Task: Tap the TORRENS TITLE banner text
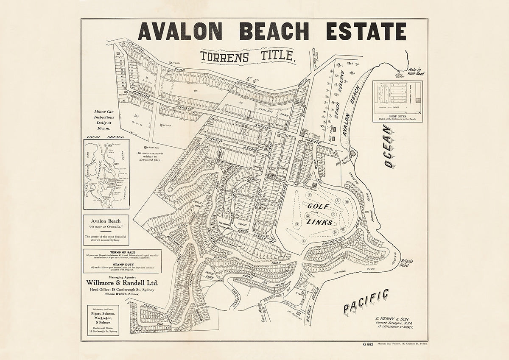[x=248, y=56]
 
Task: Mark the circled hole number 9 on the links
[x=347, y=202]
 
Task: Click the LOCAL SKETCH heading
[x=104, y=137]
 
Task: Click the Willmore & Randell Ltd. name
[x=122, y=283]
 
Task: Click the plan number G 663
[x=367, y=344]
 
